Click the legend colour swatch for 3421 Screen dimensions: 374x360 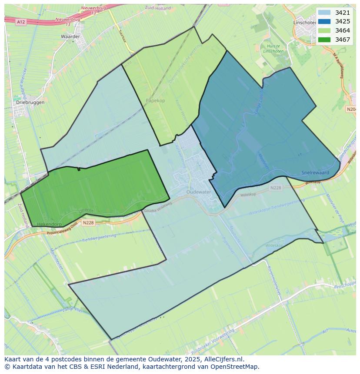pyautogui.click(x=324, y=13)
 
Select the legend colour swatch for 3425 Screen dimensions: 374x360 pyautogui.click(x=324, y=21)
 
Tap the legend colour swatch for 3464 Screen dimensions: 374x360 pyautogui.click(x=324, y=30)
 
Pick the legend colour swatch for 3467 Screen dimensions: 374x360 pyautogui.click(x=324, y=40)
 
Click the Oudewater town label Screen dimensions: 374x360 pyautogui.click(x=198, y=192)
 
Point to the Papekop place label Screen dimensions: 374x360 pyautogui.click(x=155, y=100)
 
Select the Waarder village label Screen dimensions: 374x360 pyautogui.click(x=70, y=37)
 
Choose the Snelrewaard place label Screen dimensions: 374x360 pyautogui.click(x=315, y=172)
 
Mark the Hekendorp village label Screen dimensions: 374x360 pyautogui.click(x=50, y=224)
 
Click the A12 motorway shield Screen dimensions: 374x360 pyautogui.click(x=20, y=21)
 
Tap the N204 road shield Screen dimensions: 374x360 pyautogui.click(x=351, y=109)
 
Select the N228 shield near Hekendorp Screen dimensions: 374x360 pyautogui.click(x=88, y=223)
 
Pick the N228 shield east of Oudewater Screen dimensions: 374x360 pyautogui.click(x=275, y=188)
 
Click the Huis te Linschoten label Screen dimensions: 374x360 pyautogui.click(x=273, y=49)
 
